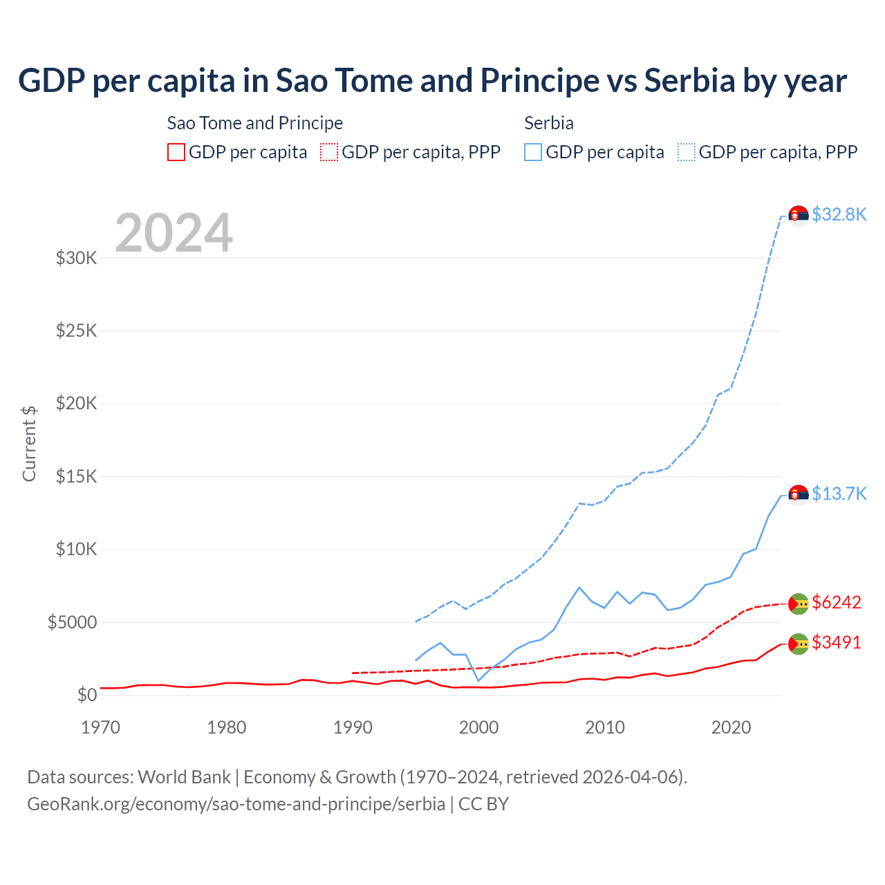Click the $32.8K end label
point(839,214)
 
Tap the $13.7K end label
point(839,494)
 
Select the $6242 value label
point(837,602)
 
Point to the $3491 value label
point(837,642)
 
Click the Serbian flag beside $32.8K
point(799,216)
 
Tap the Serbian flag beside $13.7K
point(799,495)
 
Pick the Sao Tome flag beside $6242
point(799,604)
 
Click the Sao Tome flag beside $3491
point(799,644)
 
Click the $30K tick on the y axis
point(76,259)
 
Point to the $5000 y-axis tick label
point(72,622)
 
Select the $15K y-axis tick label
point(76,477)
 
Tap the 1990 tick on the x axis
point(353,727)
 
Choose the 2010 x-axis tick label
point(605,727)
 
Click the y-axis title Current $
point(29,444)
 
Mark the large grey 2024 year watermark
point(174,233)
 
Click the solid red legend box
point(176,152)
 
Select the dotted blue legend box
point(687,152)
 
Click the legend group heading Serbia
point(549,123)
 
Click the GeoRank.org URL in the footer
point(236,804)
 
